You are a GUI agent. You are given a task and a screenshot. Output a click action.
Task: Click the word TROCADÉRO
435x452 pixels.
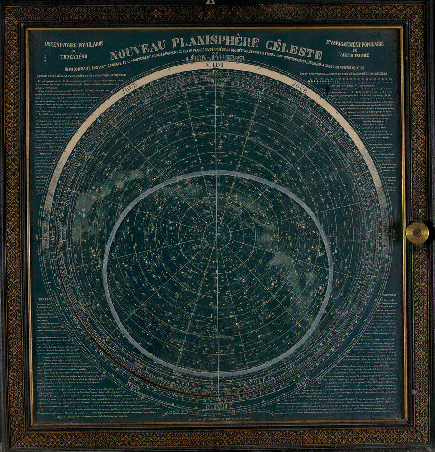[x=74, y=56]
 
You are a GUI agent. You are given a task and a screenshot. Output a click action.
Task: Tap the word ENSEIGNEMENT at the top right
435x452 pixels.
[x=354, y=43]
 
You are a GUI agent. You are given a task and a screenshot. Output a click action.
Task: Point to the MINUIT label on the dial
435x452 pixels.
[x=219, y=405]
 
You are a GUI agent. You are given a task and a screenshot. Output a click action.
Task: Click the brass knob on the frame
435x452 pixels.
[x=416, y=233]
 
